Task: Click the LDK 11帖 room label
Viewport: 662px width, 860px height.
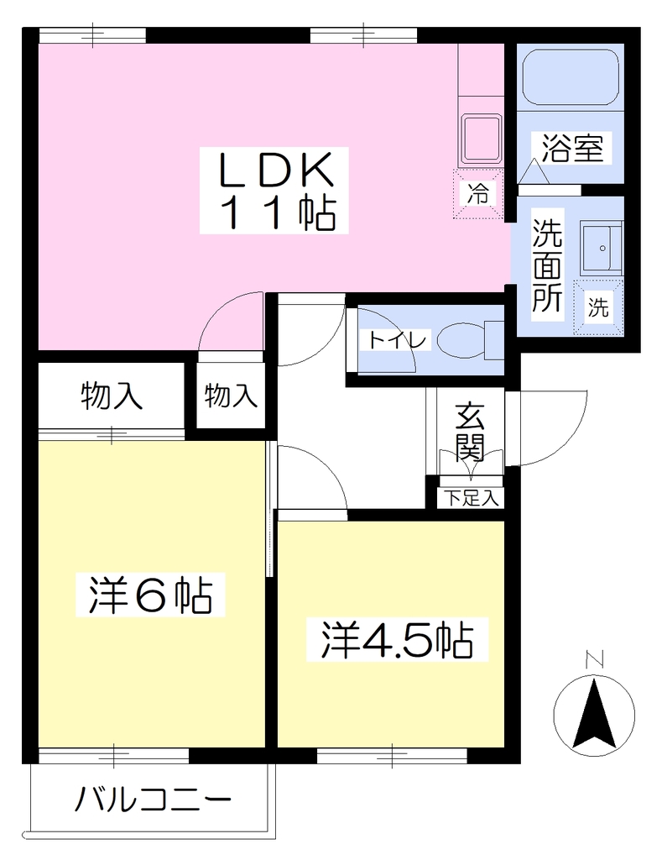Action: pyautogui.click(x=274, y=191)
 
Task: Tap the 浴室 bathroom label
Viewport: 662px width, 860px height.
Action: pyautogui.click(x=573, y=148)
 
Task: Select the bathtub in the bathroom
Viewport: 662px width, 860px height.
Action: pyautogui.click(x=571, y=76)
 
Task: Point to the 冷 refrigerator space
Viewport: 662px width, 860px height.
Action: pyautogui.click(x=478, y=194)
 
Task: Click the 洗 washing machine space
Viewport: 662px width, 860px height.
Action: pyautogui.click(x=598, y=307)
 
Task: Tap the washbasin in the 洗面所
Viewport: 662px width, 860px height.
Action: pyautogui.click(x=602, y=248)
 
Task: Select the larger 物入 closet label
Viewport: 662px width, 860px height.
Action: pyautogui.click(x=112, y=396)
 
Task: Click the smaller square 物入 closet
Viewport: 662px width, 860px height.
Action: pyautogui.click(x=231, y=395)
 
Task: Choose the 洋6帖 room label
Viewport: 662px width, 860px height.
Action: pyautogui.click(x=151, y=595)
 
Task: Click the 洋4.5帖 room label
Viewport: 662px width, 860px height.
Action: pyautogui.click(x=398, y=639)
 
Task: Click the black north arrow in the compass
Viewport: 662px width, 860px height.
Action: pyautogui.click(x=594, y=714)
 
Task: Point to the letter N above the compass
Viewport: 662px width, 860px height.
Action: pyautogui.click(x=593, y=659)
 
